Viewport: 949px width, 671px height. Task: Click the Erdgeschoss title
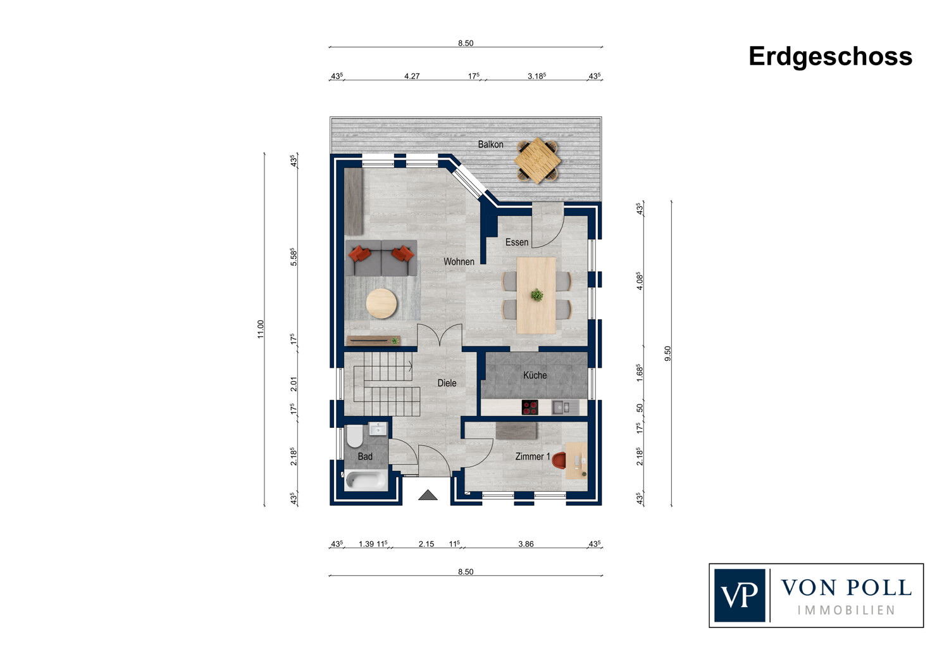click(x=830, y=57)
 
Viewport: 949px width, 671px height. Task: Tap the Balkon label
click(x=490, y=144)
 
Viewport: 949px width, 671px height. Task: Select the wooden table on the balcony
click(x=537, y=160)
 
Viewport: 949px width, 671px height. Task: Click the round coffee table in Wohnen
click(x=381, y=303)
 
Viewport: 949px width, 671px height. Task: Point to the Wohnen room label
click(x=459, y=261)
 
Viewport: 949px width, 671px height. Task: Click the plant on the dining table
click(x=537, y=294)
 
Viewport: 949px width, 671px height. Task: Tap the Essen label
click(x=517, y=242)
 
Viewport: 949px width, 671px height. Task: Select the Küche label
click(x=535, y=375)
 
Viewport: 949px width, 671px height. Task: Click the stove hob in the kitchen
click(x=530, y=407)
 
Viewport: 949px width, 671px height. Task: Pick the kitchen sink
click(x=565, y=408)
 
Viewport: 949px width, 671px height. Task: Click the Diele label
click(x=447, y=383)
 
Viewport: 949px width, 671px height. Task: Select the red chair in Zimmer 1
click(x=559, y=460)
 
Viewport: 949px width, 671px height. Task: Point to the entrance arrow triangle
click(x=428, y=495)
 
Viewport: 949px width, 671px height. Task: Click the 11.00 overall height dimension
click(x=261, y=329)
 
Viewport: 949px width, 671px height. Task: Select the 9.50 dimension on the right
click(x=667, y=353)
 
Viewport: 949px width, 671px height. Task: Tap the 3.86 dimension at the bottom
click(x=526, y=544)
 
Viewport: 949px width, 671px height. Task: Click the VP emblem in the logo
click(x=740, y=595)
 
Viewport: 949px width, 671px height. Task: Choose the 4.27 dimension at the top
click(x=412, y=77)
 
